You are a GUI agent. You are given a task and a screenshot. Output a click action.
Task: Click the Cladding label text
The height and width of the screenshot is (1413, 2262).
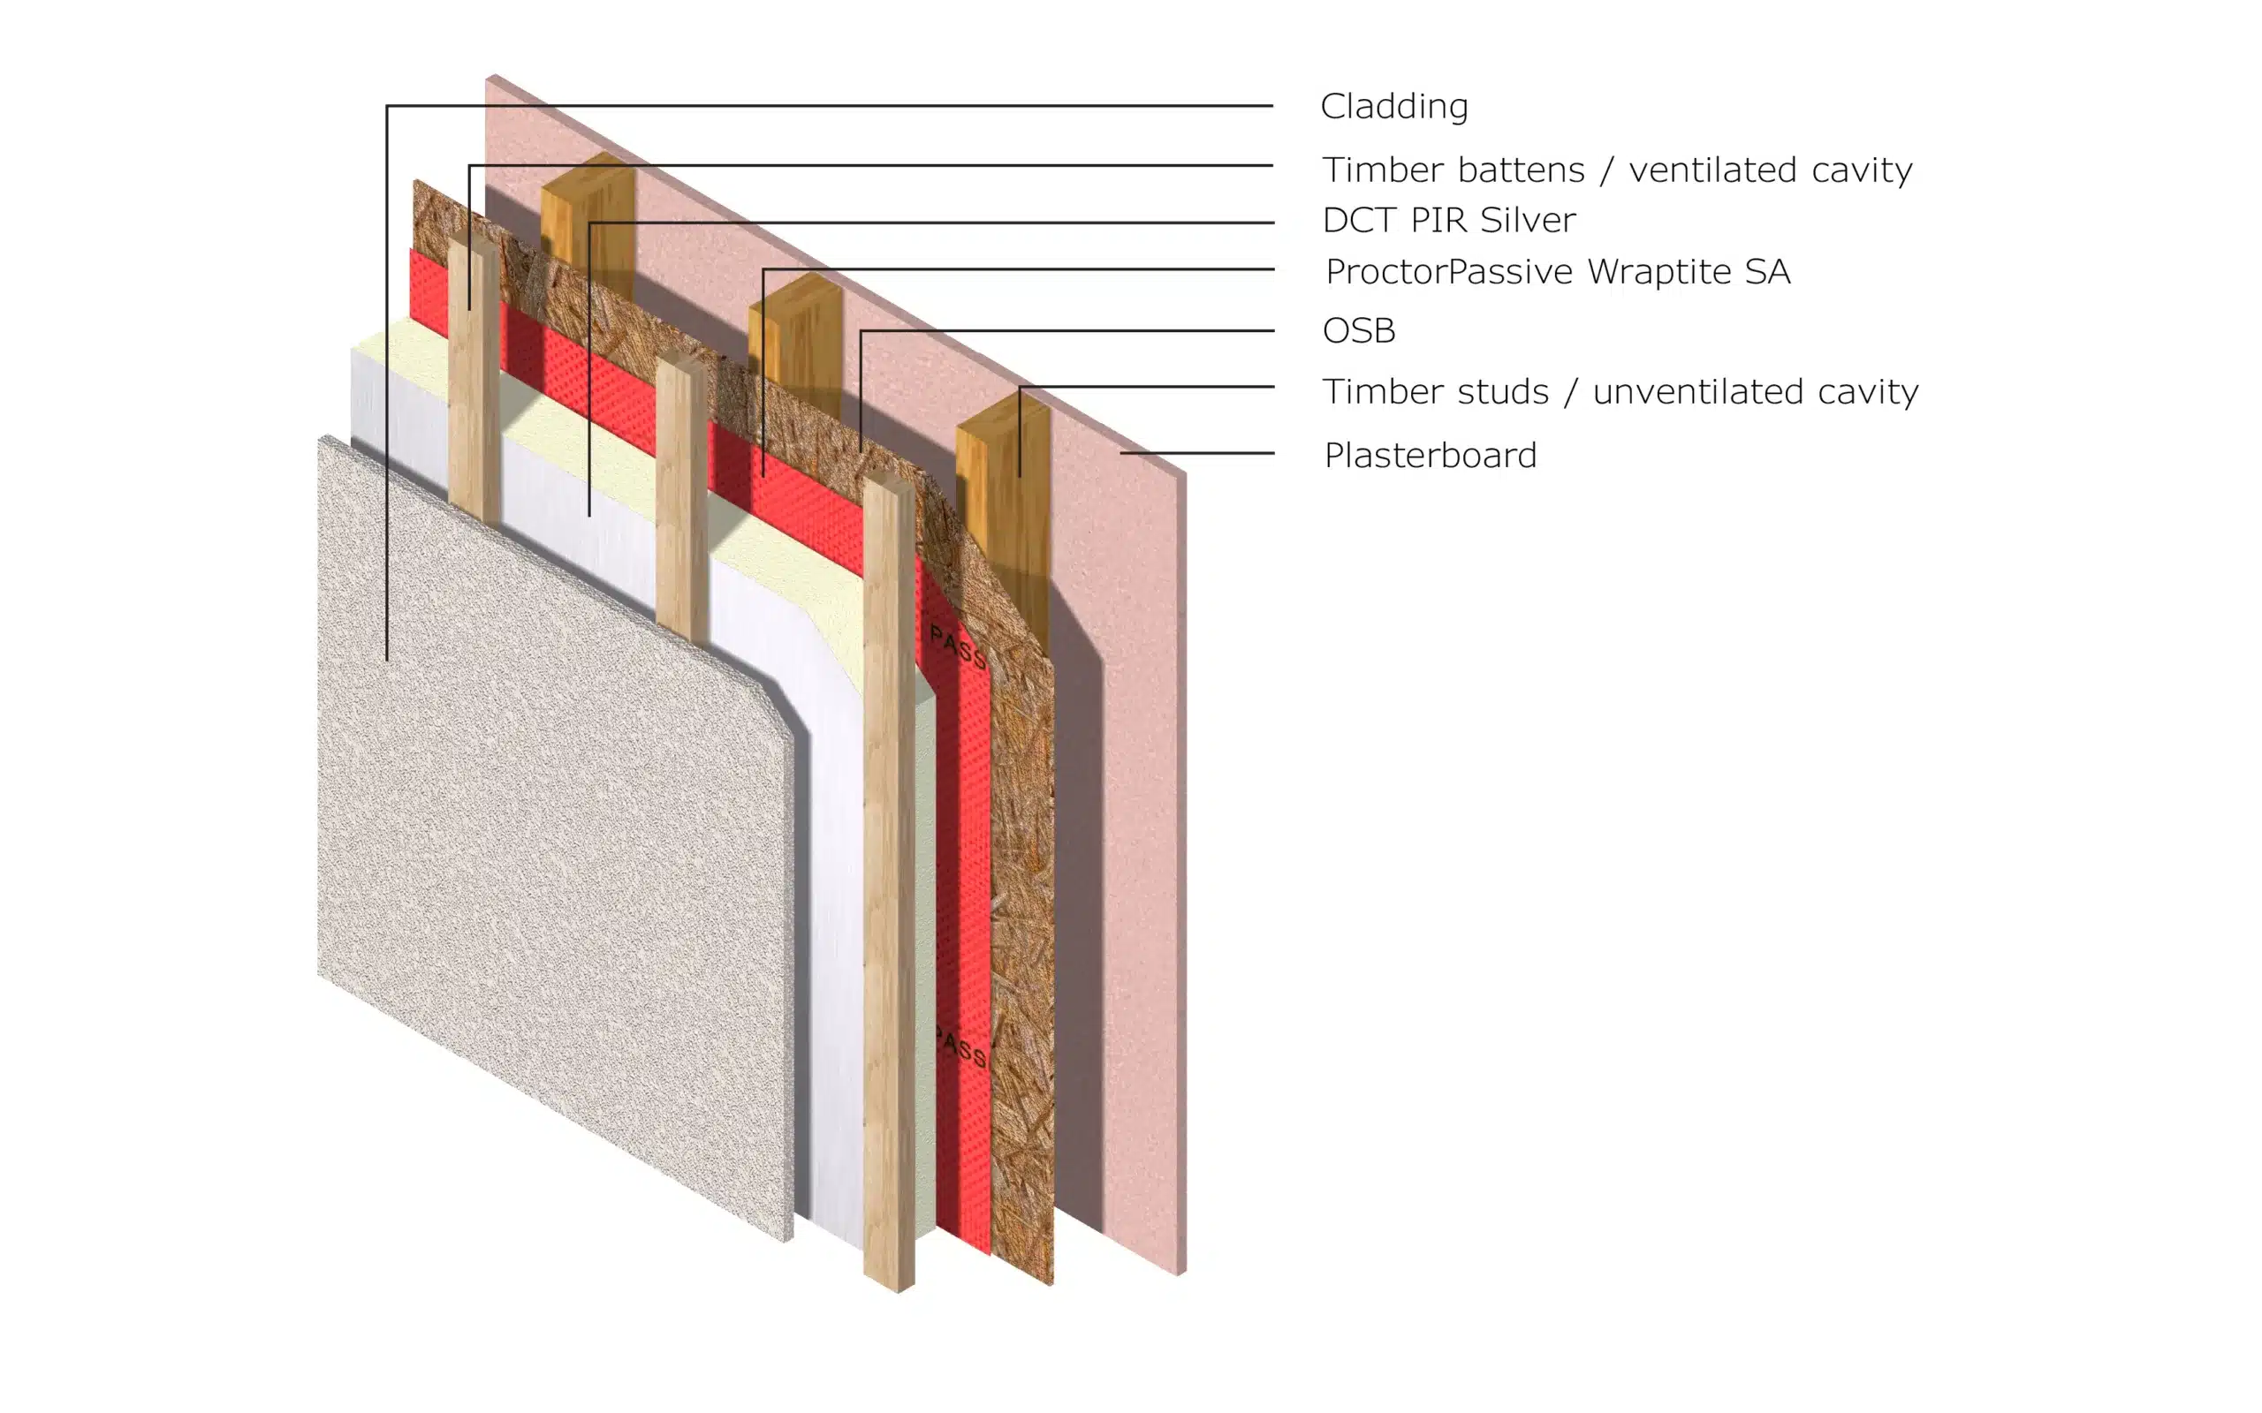(1393, 107)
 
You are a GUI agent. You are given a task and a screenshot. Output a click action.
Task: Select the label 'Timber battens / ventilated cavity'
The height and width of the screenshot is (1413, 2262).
(1617, 170)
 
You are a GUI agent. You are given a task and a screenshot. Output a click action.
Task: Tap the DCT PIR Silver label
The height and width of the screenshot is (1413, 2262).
(1449, 221)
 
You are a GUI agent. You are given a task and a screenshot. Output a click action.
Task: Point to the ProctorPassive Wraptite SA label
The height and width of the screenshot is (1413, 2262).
(1557, 272)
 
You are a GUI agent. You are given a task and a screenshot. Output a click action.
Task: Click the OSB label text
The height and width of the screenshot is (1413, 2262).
(1359, 331)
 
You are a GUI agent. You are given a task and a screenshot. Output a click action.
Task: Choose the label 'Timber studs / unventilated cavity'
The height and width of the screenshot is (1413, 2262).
(1620, 391)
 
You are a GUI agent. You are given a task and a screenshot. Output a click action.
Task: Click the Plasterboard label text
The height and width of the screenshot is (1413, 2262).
(1431, 455)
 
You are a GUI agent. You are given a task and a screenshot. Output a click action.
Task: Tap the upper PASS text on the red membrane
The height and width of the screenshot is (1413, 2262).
(958, 647)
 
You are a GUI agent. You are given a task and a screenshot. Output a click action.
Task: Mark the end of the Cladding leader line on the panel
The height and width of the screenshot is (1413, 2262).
(387, 661)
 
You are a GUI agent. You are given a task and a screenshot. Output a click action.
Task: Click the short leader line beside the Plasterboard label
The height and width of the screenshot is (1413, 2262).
(1197, 453)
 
